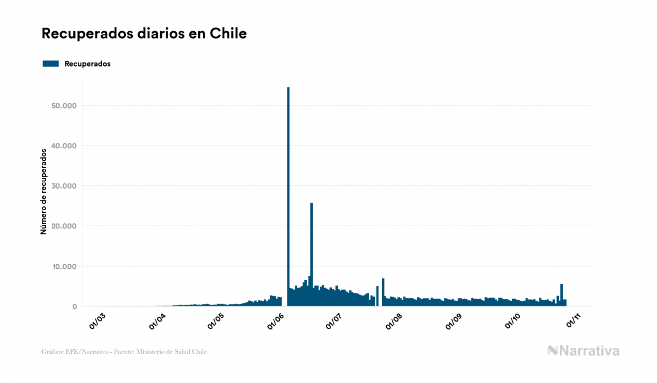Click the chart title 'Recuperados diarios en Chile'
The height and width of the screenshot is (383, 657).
click(144, 34)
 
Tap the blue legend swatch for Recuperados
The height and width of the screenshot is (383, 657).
click(51, 64)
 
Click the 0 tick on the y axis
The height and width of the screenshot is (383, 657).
click(74, 307)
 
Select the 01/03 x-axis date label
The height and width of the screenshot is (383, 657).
click(98, 320)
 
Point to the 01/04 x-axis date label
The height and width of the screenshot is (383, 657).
click(157, 320)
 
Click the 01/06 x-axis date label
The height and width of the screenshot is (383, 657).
click(275, 320)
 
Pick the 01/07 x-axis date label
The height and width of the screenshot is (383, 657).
click(335, 320)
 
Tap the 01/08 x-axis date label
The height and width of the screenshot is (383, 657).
click(394, 320)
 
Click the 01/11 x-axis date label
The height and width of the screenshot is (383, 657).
click(572, 320)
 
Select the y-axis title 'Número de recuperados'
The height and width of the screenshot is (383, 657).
click(43, 191)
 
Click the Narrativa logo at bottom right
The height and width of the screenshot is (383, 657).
click(583, 351)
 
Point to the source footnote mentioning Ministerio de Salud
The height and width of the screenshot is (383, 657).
click(124, 352)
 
